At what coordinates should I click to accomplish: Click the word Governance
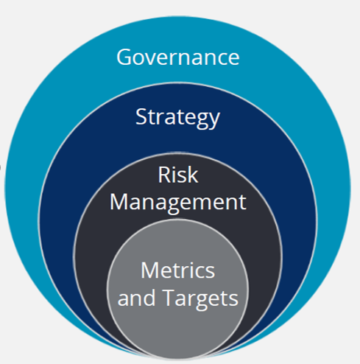[x=178, y=57]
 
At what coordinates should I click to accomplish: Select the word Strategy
[x=177, y=118]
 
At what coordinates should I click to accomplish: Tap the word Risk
[x=178, y=175]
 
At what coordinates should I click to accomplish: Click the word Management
[x=178, y=203]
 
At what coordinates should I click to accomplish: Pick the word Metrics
[x=178, y=270]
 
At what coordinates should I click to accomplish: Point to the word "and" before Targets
[x=136, y=298]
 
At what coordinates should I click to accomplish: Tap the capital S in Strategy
[x=141, y=116]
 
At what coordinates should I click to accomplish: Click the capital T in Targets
[x=169, y=298]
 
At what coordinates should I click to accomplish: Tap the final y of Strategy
[x=214, y=121]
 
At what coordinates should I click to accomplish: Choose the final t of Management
[x=242, y=203]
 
